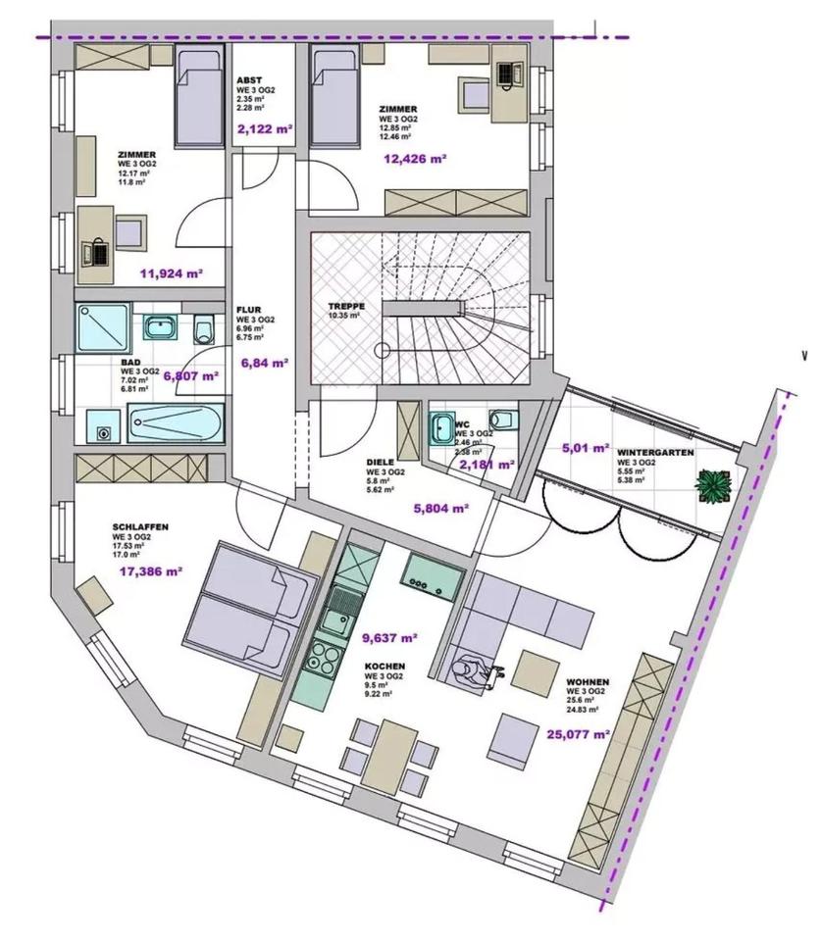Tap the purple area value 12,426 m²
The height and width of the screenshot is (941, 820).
[x=415, y=158]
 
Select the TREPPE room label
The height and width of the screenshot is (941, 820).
[x=345, y=305]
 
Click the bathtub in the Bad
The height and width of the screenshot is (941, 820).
[x=175, y=424]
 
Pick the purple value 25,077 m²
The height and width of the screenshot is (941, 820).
[x=579, y=732]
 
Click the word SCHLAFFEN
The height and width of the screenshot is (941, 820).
[x=140, y=527]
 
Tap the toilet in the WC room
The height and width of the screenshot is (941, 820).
[x=503, y=420]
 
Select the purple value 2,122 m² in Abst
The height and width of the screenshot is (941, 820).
[x=264, y=127]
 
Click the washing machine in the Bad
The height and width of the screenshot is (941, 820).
[x=101, y=427]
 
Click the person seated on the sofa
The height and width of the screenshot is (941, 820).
[x=466, y=670]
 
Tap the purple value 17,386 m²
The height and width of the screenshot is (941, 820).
[x=149, y=570]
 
